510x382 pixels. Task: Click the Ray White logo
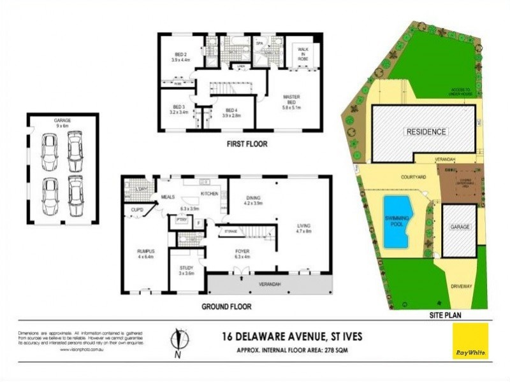click(x=470, y=341)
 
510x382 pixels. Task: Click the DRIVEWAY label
click(x=461, y=286)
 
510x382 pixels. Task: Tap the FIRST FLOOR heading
click(x=247, y=144)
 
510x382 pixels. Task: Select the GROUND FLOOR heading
click(x=226, y=306)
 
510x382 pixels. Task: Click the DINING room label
click(x=253, y=198)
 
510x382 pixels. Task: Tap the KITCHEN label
click(x=210, y=193)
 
